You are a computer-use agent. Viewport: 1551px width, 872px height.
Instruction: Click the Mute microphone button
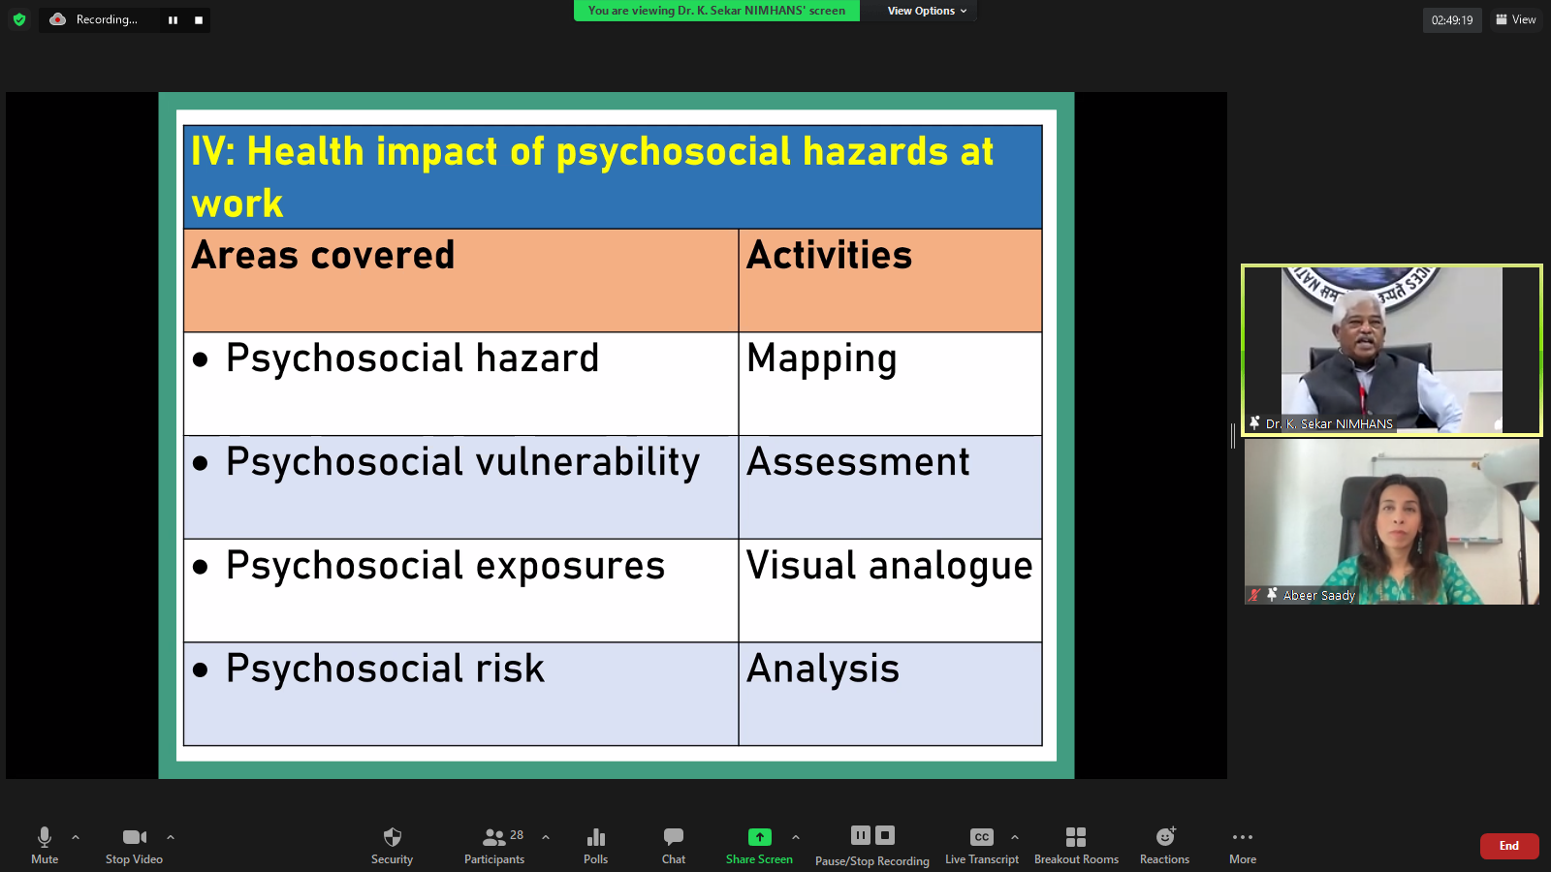(x=45, y=845)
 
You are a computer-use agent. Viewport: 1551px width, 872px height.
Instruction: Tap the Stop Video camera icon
(x=135, y=837)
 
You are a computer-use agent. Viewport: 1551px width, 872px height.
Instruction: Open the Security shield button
(x=392, y=845)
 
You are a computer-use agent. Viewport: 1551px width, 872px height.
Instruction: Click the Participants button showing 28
(x=494, y=845)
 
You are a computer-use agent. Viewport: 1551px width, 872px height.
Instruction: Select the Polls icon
(x=595, y=837)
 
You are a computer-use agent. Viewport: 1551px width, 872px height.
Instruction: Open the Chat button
(x=673, y=845)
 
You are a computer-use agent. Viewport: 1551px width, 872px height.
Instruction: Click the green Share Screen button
(x=759, y=845)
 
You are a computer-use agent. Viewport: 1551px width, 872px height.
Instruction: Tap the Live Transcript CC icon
(x=981, y=837)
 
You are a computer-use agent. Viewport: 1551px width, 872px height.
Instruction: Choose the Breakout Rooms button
(x=1076, y=845)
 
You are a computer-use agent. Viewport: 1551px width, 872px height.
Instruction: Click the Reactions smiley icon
(x=1165, y=837)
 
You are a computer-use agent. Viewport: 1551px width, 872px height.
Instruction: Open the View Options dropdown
(x=927, y=11)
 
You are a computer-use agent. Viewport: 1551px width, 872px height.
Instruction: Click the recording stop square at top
(x=199, y=20)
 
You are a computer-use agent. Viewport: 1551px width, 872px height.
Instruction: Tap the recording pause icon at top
(x=174, y=20)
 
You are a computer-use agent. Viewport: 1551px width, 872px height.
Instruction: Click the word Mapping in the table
(x=821, y=359)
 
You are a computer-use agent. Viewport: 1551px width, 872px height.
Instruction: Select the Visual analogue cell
(x=890, y=590)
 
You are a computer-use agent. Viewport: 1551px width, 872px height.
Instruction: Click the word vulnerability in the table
(x=587, y=462)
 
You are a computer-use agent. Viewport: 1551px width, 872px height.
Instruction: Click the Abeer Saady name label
(x=1318, y=595)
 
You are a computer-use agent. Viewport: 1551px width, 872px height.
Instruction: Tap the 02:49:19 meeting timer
(x=1452, y=20)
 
